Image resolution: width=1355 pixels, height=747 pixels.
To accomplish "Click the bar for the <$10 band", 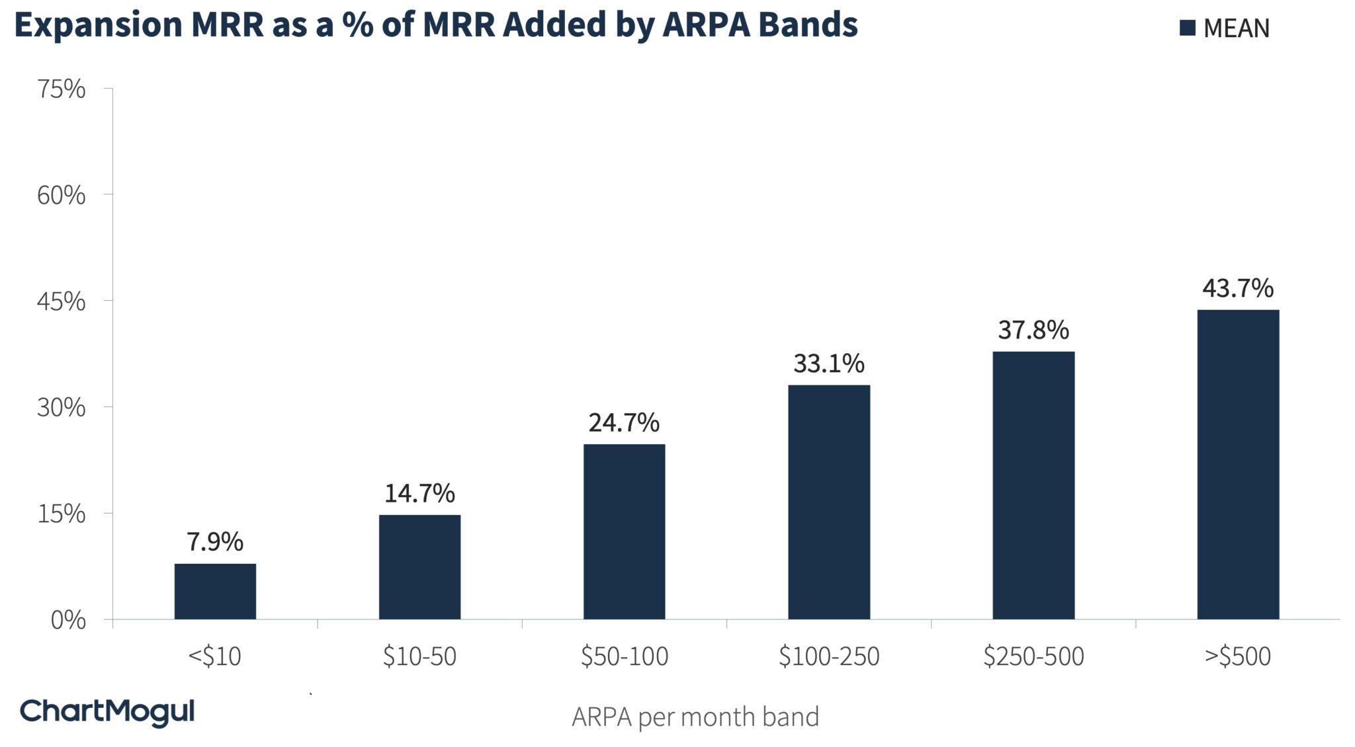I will (x=215, y=591).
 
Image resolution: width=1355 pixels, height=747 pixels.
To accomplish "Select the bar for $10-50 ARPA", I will (x=419, y=567).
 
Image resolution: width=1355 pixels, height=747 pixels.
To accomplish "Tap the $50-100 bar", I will (x=624, y=531).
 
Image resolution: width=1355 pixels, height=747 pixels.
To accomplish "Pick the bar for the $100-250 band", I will (x=828, y=502).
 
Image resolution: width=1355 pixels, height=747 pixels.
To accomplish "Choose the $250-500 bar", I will (x=1033, y=485).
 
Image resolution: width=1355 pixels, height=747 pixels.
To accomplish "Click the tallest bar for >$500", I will (x=1237, y=464).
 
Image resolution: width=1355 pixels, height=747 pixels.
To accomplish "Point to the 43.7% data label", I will (x=1237, y=289).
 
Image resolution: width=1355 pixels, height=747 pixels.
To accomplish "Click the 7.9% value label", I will (x=215, y=542).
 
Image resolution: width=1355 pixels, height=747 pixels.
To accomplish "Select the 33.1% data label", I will (x=828, y=364).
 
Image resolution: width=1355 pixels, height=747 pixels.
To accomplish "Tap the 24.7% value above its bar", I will (x=624, y=423).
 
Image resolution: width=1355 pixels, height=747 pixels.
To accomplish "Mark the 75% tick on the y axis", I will (x=62, y=89).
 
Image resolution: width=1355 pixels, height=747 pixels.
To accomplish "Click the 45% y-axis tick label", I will (x=62, y=302).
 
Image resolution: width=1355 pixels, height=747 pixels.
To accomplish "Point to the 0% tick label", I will (x=68, y=620).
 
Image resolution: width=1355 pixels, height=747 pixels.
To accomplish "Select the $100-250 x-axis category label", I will (x=828, y=656).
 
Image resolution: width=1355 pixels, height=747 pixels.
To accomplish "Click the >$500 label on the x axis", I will (x=1237, y=656).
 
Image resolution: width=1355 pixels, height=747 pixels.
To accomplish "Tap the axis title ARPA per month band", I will (x=695, y=717).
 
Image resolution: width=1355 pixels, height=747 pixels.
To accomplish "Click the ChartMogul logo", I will (x=107, y=712).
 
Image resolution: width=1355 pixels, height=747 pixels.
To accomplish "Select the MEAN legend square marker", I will (x=1187, y=28).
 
